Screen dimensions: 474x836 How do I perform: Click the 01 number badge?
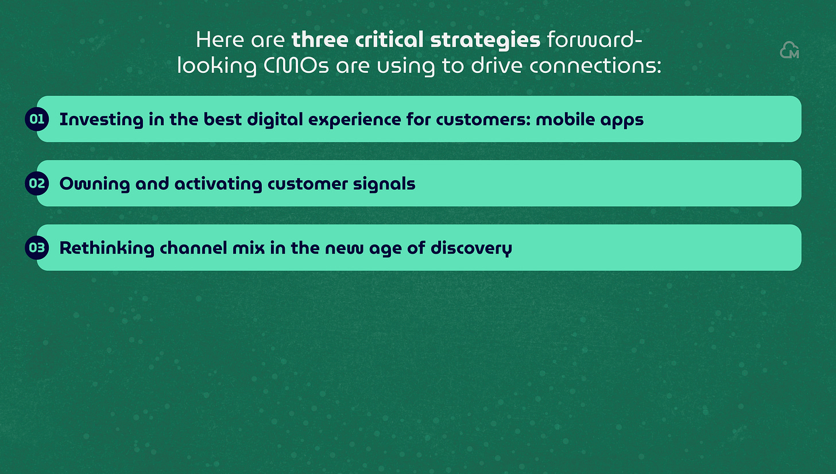37,119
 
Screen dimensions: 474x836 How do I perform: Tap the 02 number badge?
37,184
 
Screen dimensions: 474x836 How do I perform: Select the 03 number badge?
37,248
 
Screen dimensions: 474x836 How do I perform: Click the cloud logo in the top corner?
789,50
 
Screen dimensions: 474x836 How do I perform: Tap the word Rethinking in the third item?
107,248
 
